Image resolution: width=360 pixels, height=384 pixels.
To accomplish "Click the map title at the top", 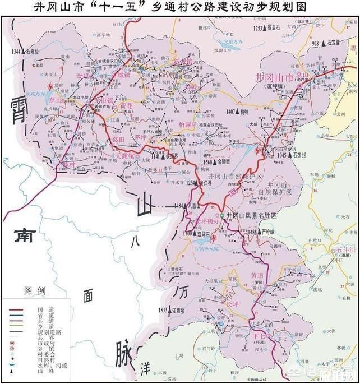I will tap(179, 7).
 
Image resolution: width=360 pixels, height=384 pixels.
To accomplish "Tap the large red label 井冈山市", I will tap(274, 77).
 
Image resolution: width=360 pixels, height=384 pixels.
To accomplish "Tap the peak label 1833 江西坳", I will tap(172, 309).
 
